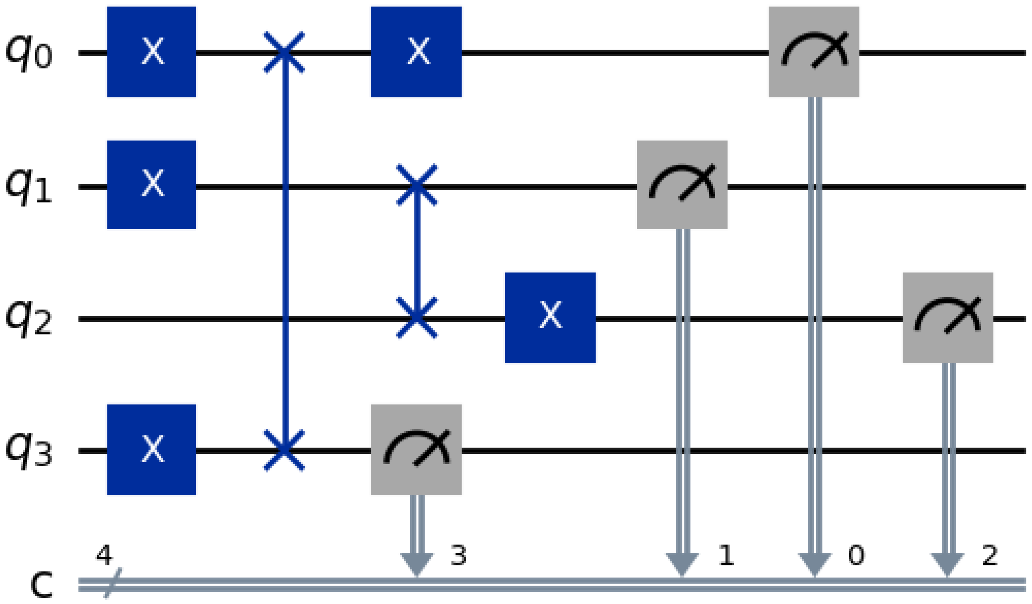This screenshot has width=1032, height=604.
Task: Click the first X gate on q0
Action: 151,52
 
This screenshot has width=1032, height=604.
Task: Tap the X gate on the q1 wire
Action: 151,185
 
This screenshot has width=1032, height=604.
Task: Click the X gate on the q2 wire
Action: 550,318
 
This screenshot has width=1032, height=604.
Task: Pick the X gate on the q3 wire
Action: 151,449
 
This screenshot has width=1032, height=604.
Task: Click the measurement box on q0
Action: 814,52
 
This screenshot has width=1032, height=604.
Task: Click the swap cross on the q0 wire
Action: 284,52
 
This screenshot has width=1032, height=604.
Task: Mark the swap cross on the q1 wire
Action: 417,185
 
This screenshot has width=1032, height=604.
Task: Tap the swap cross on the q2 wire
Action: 417,318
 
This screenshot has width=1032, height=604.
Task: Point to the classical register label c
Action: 41,585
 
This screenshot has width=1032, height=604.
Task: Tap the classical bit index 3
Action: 458,556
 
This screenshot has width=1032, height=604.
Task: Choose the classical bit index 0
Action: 856,556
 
